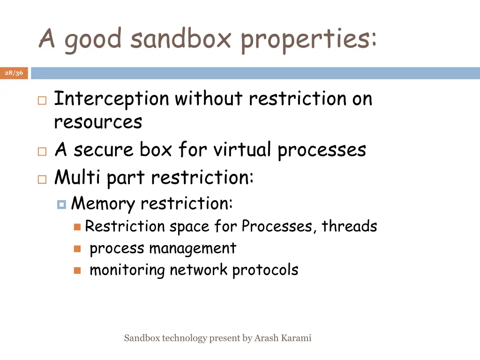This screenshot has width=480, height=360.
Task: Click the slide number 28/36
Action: coord(14,73)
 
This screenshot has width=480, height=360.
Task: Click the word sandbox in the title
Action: coord(181,38)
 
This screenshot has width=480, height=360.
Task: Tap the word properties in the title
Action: coord(308,39)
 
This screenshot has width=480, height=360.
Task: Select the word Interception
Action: coord(112,99)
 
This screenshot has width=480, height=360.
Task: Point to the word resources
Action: coord(98,122)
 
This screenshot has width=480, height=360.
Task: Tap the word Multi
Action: coord(78,177)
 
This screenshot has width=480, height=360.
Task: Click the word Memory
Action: coord(103,204)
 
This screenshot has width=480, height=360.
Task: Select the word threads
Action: coord(349,226)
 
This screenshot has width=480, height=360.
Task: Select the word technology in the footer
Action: coord(184,338)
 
